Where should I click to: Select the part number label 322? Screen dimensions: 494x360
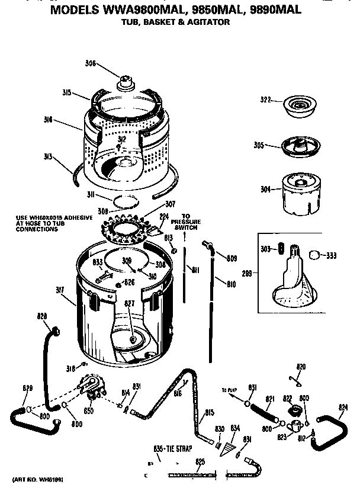tap(265, 100)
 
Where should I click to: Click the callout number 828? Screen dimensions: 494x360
tap(42, 317)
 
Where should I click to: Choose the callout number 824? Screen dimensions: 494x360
tap(343, 407)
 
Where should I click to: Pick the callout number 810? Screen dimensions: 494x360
tap(231, 284)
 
